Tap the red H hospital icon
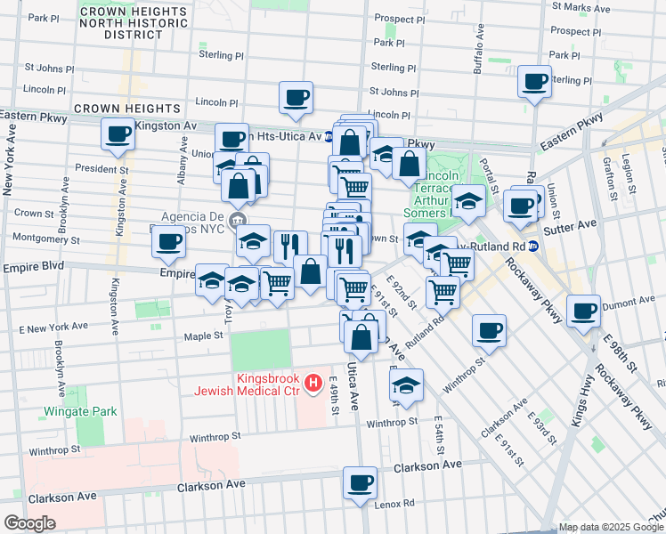pyautogui.click(x=313, y=384)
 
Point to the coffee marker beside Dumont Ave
pyautogui.click(x=583, y=311)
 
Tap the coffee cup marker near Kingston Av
pyautogui.click(x=118, y=135)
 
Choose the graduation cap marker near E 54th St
pyautogui.click(x=406, y=385)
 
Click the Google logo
pyautogui.click(x=29, y=523)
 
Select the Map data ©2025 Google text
pyautogui.click(x=610, y=527)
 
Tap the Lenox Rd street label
pyautogui.click(x=394, y=503)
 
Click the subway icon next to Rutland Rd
pyautogui.click(x=532, y=247)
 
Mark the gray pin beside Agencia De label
pyautogui.click(x=237, y=221)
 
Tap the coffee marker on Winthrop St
pyautogui.click(x=489, y=331)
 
